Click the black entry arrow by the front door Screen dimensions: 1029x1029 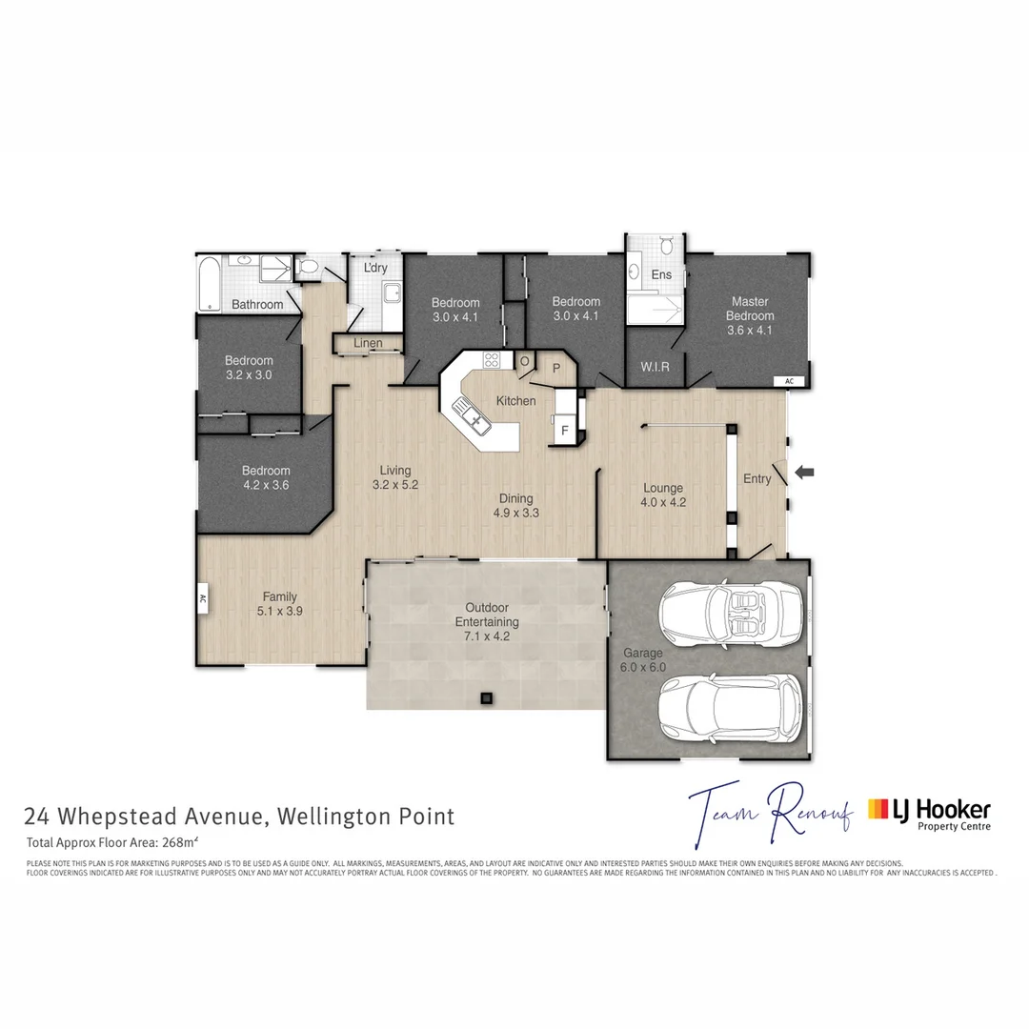805,471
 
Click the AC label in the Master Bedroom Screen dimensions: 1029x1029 788,381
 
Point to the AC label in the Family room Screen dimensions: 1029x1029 203,600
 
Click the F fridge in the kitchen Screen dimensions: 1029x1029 564,431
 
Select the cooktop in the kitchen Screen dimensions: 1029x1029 493,360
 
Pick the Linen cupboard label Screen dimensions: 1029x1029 368,343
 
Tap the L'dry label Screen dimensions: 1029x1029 375,268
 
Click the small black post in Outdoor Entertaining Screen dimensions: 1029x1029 486,698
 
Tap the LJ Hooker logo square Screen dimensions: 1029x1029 878,810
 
